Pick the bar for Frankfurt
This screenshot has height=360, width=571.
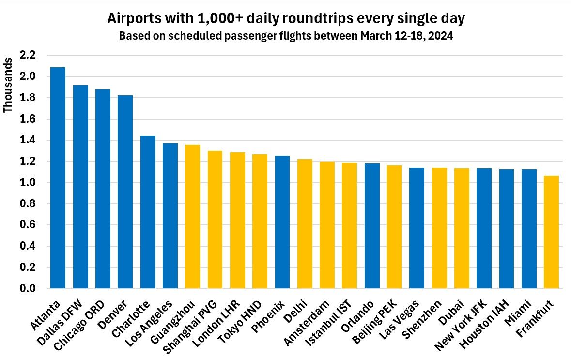click(551, 232)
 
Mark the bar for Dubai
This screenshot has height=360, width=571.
click(462, 228)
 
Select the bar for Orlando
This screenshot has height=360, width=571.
click(372, 226)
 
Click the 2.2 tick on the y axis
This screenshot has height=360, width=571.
click(28, 55)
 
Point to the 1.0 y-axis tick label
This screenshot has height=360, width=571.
click(28, 183)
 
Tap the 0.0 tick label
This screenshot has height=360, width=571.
click(28, 289)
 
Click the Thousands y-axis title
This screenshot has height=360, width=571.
click(8, 85)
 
